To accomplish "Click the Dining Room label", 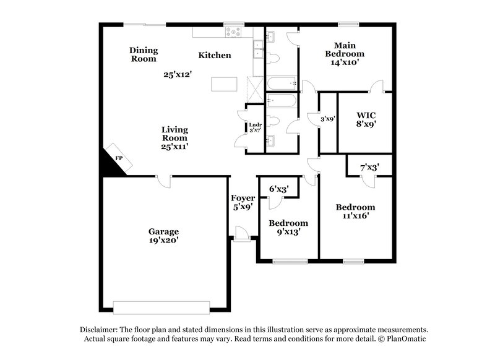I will tap(144, 54).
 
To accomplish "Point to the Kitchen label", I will tap(215, 56).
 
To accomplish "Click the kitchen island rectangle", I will tap(223, 84).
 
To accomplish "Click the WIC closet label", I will tap(366, 115).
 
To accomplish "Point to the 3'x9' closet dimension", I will tap(327, 119).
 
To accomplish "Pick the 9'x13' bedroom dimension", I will tap(288, 233).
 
